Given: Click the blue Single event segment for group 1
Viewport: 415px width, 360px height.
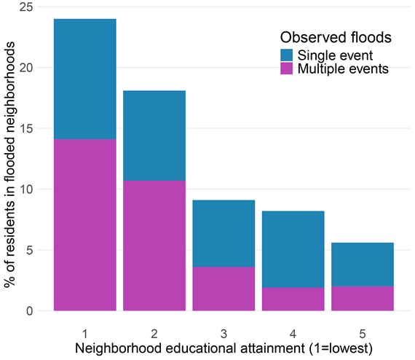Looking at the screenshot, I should [x=85, y=79].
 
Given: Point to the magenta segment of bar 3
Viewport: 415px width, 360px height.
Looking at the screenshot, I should [x=224, y=289].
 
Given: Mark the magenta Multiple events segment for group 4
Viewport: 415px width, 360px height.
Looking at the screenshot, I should [x=293, y=299].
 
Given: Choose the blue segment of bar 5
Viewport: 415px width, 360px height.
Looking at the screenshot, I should [x=362, y=265].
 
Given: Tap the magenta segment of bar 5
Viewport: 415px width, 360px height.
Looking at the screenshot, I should [x=362, y=298].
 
